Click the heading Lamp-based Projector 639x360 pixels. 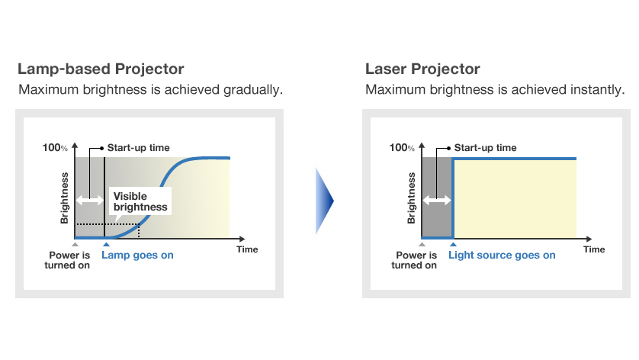(x=101, y=69)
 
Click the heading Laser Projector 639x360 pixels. (x=422, y=69)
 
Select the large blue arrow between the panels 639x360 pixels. (x=325, y=201)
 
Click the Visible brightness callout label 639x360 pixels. (x=140, y=201)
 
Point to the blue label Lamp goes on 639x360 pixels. (x=137, y=255)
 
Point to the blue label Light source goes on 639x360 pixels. (x=502, y=255)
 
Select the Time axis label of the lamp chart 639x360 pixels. (x=247, y=249)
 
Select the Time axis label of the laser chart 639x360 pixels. (x=594, y=249)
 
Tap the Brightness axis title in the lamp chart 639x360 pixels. (x=65, y=198)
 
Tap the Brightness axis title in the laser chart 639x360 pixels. (x=412, y=198)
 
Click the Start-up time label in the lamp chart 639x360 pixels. (x=138, y=147)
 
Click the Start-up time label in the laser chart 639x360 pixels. (x=485, y=147)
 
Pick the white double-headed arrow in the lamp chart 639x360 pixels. (x=88, y=200)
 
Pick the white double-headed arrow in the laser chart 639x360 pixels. (x=436, y=200)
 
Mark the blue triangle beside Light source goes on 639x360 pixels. (x=453, y=245)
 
